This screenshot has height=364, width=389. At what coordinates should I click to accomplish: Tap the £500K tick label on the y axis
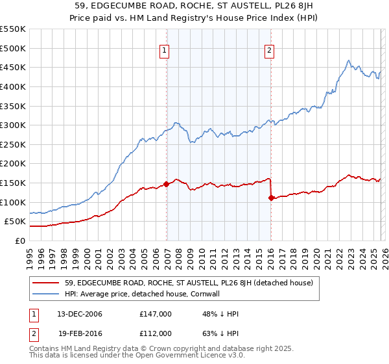[x=13, y=48]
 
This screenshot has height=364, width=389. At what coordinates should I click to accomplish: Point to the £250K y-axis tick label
[x=13, y=144]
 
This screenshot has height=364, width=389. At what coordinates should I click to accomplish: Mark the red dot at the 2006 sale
[x=167, y=184]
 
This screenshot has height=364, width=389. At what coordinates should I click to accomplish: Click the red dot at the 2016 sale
[x=271, y=198]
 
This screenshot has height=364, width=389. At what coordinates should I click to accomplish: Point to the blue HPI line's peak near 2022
[x=349, y=61]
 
